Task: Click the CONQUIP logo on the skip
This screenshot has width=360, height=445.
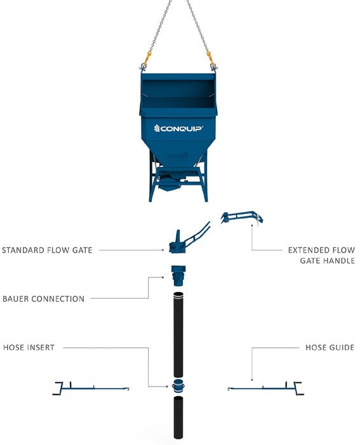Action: (178, 129)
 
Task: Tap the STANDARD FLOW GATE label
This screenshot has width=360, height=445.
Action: (47, 250)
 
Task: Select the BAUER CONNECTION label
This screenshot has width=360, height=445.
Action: (43, 298)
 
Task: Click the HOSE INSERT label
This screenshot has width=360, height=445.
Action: (29, 347)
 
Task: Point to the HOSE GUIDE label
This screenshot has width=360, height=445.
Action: (330, 347)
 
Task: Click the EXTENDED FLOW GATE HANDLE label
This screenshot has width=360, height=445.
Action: (322, 255)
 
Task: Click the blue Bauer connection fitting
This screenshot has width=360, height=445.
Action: (178, 276)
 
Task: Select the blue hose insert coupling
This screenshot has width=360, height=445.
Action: (178, 386)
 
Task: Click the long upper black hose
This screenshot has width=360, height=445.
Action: (178, 335)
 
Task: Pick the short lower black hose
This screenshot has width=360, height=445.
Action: (178, 417)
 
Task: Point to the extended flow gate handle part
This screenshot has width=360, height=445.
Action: (242, 218)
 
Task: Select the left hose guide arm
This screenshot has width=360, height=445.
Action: (90, 389)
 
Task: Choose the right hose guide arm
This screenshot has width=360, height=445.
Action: (265, 389)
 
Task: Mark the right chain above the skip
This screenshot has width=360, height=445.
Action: (198, 26)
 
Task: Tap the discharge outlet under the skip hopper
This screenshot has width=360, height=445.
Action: (170, 186)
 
